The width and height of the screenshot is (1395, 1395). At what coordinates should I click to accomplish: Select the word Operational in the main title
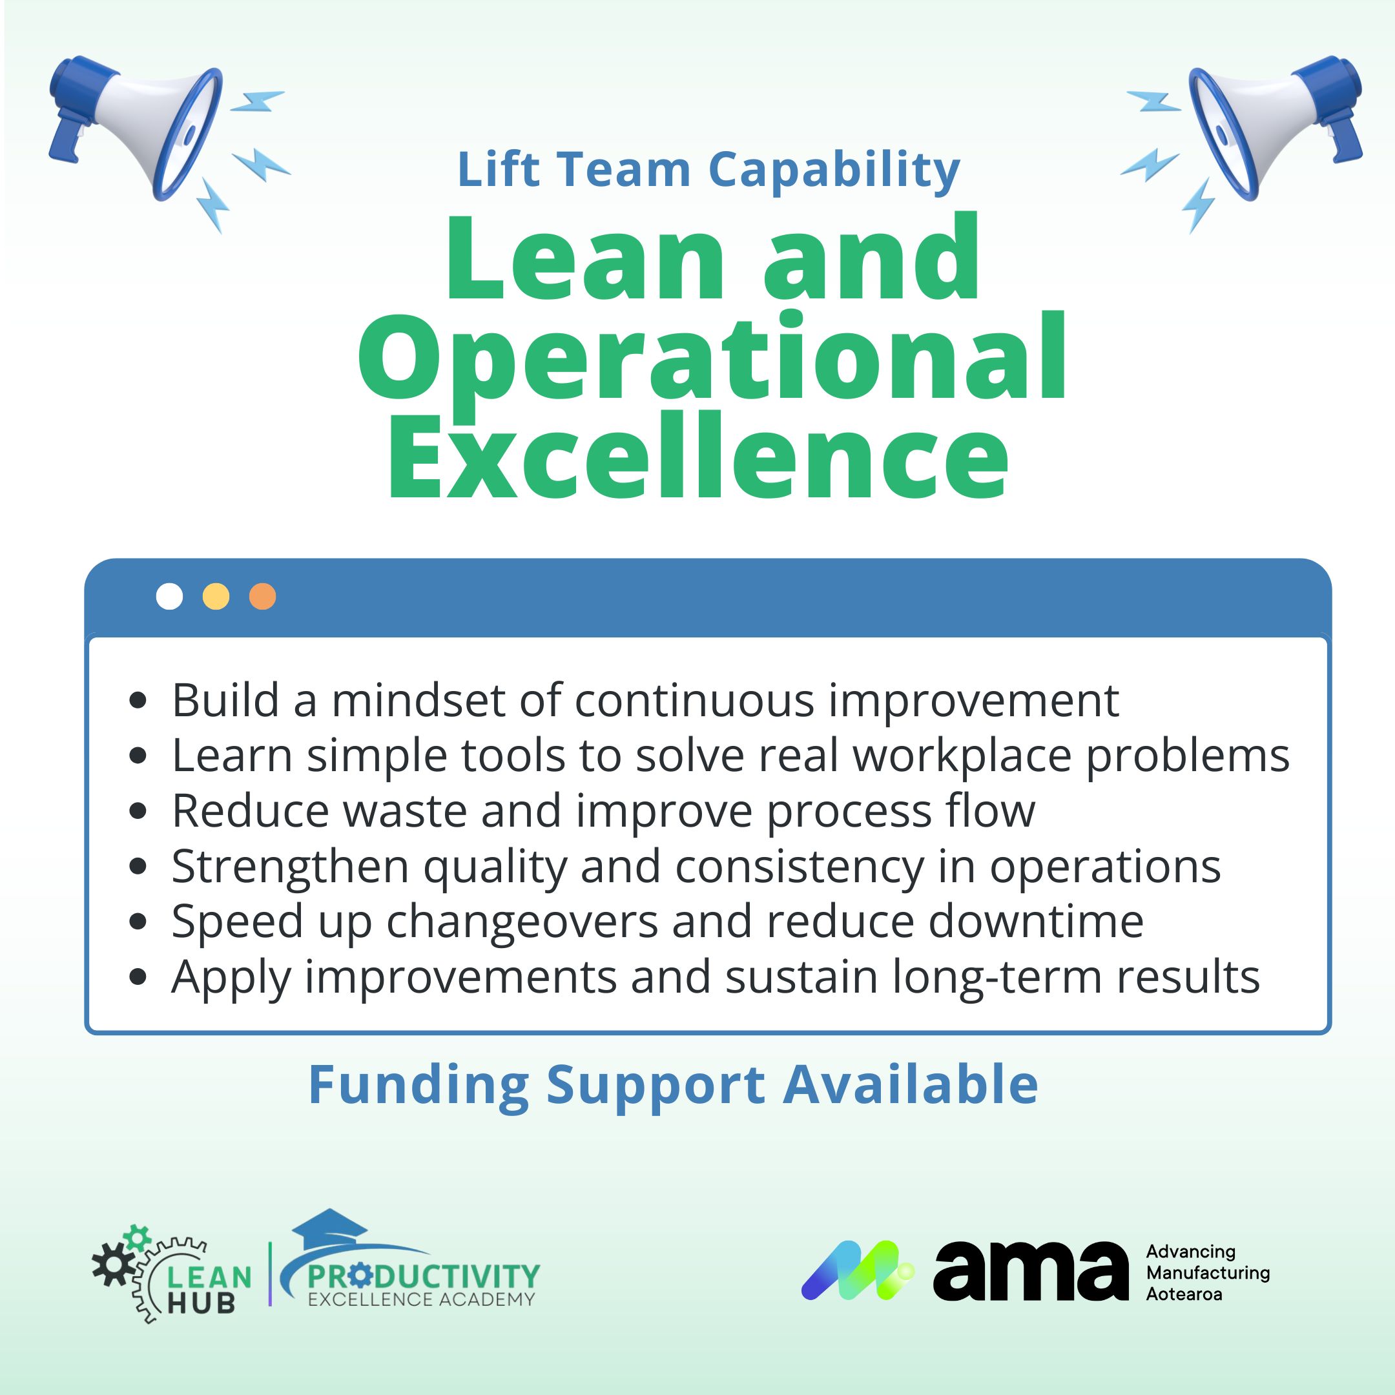click(x=712, y=359)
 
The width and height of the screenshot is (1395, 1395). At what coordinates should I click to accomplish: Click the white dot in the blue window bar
click(x=170, y=596)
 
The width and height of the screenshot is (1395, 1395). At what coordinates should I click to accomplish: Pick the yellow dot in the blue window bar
click(x=216, y=596)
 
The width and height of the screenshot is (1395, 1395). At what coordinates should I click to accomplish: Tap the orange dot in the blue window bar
click(x=262, y=596)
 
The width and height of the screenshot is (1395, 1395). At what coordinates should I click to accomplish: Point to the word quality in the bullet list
click(x=495, y=867)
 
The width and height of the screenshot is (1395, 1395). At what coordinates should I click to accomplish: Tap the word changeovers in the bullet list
click(x=522, y=922)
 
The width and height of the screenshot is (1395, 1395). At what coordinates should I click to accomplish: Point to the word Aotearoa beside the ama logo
click(x=1184, y=1293)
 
